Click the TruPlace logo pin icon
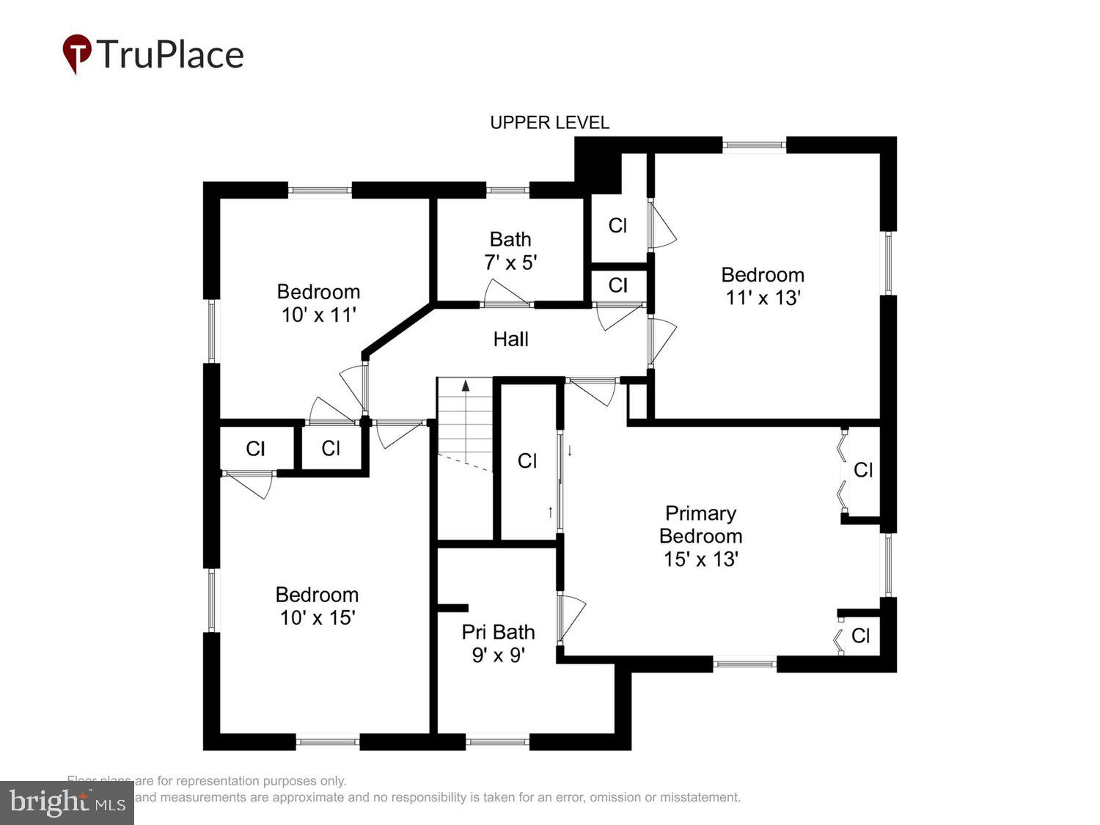pos(76,54)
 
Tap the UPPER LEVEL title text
pos(549,122)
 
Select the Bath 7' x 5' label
pos(510,251)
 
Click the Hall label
pos(510,339)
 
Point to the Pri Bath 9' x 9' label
pos(498,643)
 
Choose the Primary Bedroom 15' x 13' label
pos(700,536)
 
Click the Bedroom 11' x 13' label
pos(763,286)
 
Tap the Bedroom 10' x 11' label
pos(318,303)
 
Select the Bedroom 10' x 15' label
pos(317,606)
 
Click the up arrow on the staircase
pos(465,386)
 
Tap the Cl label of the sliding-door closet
pos(527,461)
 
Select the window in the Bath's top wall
pos(507,191)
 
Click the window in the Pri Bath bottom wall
pos(497,742)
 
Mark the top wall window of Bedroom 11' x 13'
pos(755,145)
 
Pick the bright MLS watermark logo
pos(67,802)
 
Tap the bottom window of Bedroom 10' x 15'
pos(328,742)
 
